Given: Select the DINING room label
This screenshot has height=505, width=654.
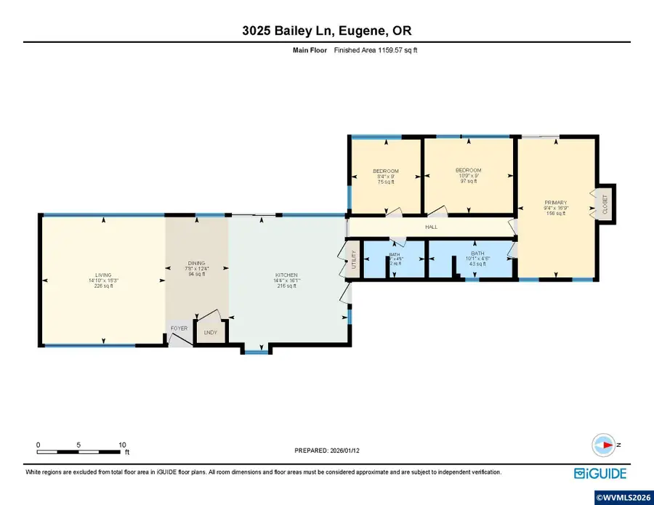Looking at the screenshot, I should coord(196,263).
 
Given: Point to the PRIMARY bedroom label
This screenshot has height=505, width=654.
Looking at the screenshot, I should coord(555,203).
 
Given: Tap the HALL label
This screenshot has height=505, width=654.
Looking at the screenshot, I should coord(430,227).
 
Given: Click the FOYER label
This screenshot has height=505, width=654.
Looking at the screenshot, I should coord(179,328).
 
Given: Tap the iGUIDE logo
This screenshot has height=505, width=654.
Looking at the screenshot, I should coord(600,474).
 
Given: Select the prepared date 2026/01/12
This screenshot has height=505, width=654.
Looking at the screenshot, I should coord(326,451).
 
